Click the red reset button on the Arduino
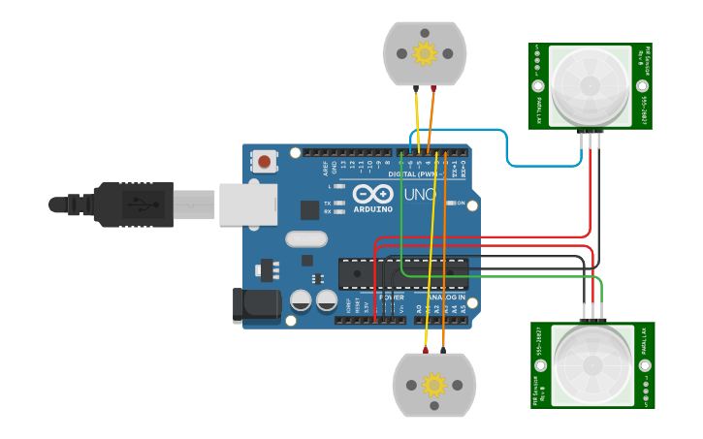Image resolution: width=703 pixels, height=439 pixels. click(264, 161)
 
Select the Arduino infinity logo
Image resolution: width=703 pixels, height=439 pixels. click(372, 194)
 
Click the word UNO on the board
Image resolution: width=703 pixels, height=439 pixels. click(421, 195)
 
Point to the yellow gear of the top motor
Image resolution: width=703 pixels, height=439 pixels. click(424, 53)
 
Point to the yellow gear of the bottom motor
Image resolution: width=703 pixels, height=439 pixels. click(433, 386)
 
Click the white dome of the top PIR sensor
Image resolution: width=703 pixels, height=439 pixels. click(590, 85)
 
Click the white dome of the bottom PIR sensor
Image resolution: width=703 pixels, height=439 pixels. click(592, 365)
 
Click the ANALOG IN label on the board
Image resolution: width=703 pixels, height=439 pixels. click(442, 297)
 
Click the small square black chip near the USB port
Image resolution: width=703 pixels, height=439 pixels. click(309, 209)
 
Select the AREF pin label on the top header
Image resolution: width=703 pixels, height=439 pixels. click(325, 167)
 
